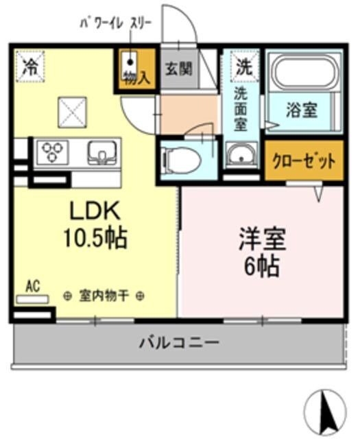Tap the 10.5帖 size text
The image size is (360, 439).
95,238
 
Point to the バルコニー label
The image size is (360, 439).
180,341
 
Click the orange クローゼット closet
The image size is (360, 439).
304,162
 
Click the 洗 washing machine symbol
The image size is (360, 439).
243,67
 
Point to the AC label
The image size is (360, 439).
33,285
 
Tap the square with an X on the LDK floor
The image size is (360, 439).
71,110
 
